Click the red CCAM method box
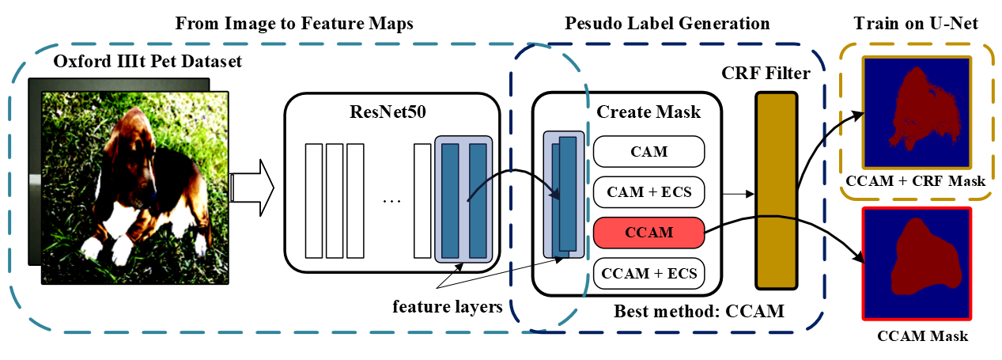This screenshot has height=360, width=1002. (x=648, y=232)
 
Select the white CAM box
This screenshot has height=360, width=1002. (x=648, y=150)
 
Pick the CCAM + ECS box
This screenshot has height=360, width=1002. (x=648, y=273)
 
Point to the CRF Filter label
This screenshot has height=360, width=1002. (x=766, y=74)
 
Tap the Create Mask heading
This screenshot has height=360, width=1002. (x=648, y=112)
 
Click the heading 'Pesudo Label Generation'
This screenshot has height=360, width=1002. (x=667, y=24)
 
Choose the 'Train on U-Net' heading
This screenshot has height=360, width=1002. (x=916, y=24)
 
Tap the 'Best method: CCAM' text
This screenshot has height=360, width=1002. (x=699, y=311)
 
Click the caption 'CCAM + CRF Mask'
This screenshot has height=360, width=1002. (x=916, y=181)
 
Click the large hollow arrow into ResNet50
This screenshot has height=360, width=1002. (x=251, y=188)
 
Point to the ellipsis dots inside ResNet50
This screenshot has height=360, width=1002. (x=391, y=202)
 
